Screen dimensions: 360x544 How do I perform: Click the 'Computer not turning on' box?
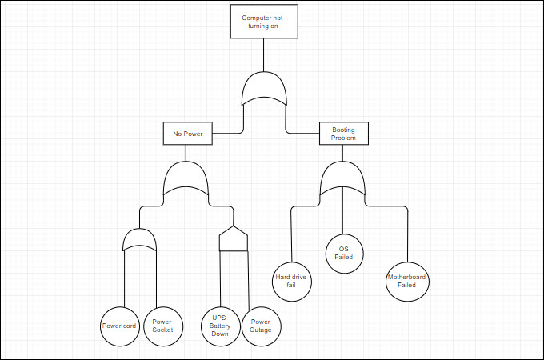(264, 22)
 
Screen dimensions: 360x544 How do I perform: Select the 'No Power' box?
(188, 134)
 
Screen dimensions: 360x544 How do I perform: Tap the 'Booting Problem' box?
(343, 134)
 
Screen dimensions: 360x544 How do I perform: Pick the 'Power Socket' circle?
(162, 326)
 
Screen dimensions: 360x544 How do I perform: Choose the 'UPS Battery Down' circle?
(220, 326)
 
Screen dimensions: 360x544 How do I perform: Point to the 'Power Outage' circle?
(261, 326)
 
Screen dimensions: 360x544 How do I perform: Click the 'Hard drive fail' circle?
(291, 281)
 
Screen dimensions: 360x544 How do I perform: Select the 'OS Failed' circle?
(344, 253)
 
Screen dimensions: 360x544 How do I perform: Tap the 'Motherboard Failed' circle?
(406, 281)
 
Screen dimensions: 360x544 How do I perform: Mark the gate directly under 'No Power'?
(186, 182)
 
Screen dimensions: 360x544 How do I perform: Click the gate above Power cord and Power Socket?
(139, 240)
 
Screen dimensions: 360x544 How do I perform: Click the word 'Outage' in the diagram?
(261, 330)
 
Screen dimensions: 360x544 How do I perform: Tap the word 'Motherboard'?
(406, 277)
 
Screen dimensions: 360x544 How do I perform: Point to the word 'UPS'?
(220, 318)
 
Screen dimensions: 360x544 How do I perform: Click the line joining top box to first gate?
(264, 56)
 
